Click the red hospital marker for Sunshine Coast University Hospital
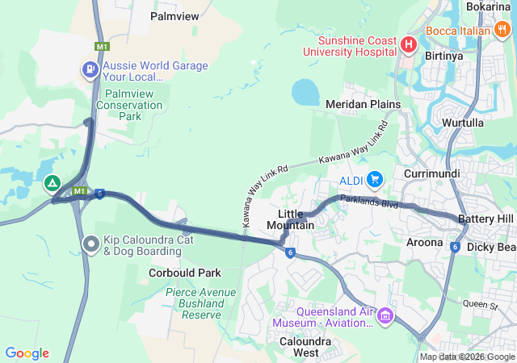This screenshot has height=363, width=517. click(x=408, y=45)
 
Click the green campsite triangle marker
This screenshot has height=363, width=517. click(x=53, y=184)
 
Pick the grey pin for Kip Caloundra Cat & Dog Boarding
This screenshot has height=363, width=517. click(x=91, y=243)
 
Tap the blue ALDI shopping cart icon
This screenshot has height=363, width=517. click(x=374, y=179)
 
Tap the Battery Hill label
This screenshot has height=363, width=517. click(x=485, y=219)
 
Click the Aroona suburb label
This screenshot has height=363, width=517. click(x=424, y=242)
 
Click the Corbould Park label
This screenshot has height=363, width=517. click(x=185, y=273)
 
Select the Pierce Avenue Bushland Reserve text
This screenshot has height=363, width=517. click(x=194, y=302)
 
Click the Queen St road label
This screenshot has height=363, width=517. click(x=481, y=304)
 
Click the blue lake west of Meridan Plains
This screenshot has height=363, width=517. click(x=305, y=92)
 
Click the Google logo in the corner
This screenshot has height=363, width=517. click(x=27, y=353)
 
